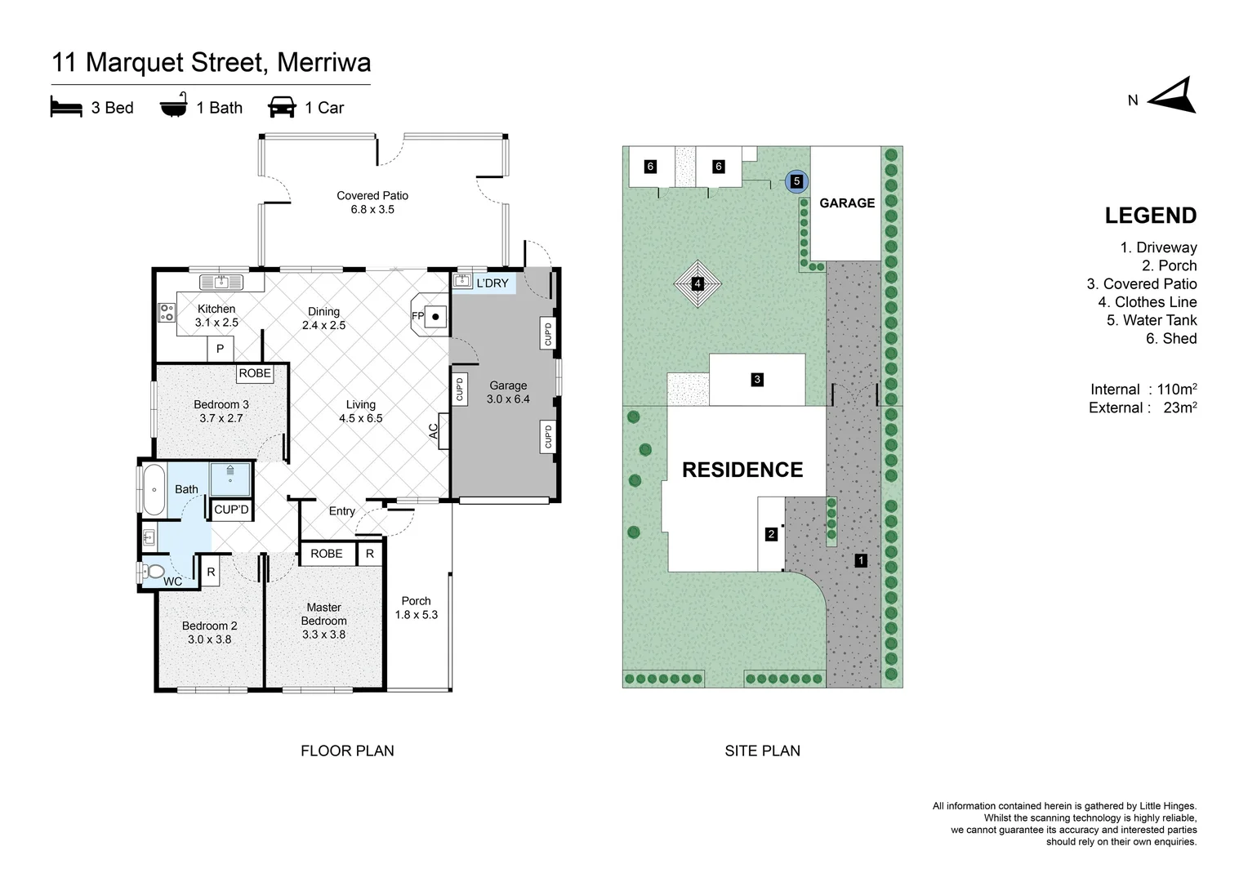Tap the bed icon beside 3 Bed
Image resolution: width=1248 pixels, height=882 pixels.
click(66, 107)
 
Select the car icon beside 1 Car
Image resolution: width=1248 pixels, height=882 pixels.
click(282, 107)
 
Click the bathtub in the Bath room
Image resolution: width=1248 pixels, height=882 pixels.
click(154, 489)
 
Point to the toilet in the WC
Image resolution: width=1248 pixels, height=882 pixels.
click(154, 572)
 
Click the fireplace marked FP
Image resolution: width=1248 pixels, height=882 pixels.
click(431, 315)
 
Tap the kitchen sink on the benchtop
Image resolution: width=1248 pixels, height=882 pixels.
click(221, 283)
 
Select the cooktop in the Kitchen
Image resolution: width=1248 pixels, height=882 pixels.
click(167, 312)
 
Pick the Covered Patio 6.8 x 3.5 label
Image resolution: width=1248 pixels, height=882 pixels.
click(372, 202)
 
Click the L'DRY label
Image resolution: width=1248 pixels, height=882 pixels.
click(492, 283)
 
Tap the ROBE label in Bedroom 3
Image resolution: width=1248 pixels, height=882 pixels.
click(255, 373)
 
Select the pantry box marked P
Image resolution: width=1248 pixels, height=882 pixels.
click(220, 349)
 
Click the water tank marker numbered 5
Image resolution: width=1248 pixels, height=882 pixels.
click(796, 181)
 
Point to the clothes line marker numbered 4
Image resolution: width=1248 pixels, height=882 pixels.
click(698, 283)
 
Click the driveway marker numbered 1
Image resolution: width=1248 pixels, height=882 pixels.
click(861, 560)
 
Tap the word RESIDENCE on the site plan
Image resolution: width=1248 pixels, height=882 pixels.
click(742, 470)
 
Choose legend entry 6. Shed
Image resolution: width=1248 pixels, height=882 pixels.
click(1170, 338)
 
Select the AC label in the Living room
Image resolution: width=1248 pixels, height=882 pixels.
click(434, 430)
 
